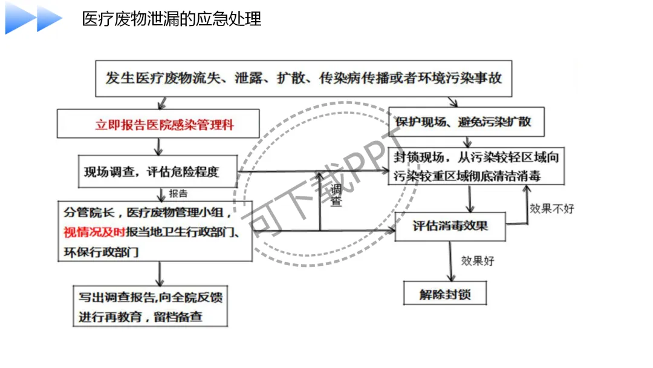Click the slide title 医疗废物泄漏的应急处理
(172, 19)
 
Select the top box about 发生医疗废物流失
(304, 78)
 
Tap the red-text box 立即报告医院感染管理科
(159, 125)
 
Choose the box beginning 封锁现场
(476, 166)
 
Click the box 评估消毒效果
(450, 226)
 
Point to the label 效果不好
(552, 209)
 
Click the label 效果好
(478, 261)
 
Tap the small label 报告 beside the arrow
(178, 194)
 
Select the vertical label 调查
(336, 195)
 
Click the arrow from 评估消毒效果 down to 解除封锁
(450, 261)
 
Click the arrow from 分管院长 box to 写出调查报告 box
(160, 274)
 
